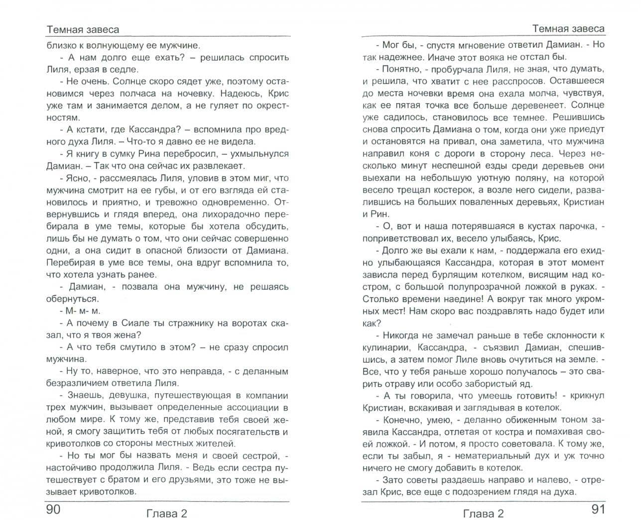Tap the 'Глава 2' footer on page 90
167,513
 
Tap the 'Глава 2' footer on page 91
484,513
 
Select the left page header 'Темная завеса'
83,29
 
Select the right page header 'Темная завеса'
568,28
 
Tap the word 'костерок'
462,190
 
